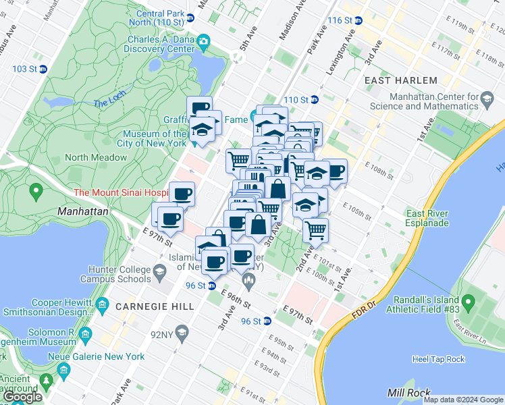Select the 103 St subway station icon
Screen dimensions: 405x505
click(43, 69)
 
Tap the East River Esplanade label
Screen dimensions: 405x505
click(433, 219)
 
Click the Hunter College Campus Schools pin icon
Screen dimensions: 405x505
click(160, 273)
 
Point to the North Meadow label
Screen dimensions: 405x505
click(95, 157)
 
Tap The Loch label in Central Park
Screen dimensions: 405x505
click(109, 103)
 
